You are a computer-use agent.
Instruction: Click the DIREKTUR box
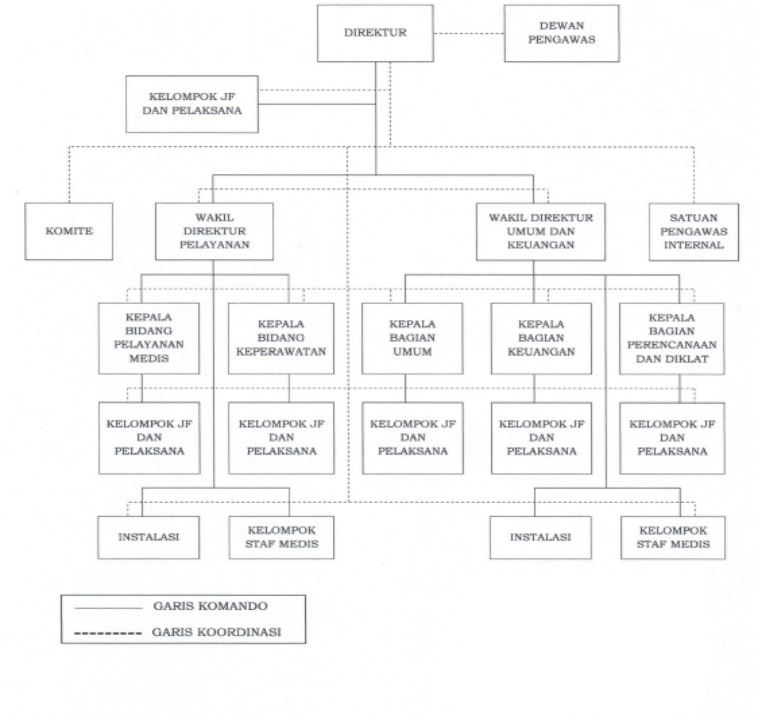[x=375, y=33]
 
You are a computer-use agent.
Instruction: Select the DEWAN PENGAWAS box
[x=561, y=33]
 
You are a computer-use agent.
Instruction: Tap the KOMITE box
[x=69, y=231]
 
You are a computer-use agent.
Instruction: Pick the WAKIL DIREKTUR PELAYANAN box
[x=214, y=231]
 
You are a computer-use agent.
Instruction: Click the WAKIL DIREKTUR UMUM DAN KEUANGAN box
[x=541, y=232]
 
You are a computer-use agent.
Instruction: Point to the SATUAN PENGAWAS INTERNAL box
[x=694, y=232]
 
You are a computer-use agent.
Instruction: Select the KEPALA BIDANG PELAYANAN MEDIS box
[x=149, y=338]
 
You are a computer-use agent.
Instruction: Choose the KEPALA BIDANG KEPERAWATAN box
[x=281, y=338]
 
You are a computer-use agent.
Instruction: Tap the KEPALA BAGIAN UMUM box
[x=412, y=338]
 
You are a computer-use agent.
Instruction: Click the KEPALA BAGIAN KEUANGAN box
[x=541, y=338]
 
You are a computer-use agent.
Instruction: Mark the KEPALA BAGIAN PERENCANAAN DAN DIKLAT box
[x=672, y=339]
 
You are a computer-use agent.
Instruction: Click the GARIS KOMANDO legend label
[x=210, y=606]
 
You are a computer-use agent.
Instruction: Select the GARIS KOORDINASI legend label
[x=216, y=632]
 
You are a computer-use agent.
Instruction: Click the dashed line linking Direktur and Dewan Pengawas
[x=469, y=34]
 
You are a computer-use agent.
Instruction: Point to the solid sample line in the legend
[x=108, y=608]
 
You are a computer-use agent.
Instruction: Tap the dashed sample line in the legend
[x=108, y=634]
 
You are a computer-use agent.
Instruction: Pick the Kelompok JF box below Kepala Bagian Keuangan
[x=541, y=438]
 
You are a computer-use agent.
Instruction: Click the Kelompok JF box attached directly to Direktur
[x=192, y=104]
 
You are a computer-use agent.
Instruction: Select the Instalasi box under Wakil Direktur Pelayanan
[x=148, y=537]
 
